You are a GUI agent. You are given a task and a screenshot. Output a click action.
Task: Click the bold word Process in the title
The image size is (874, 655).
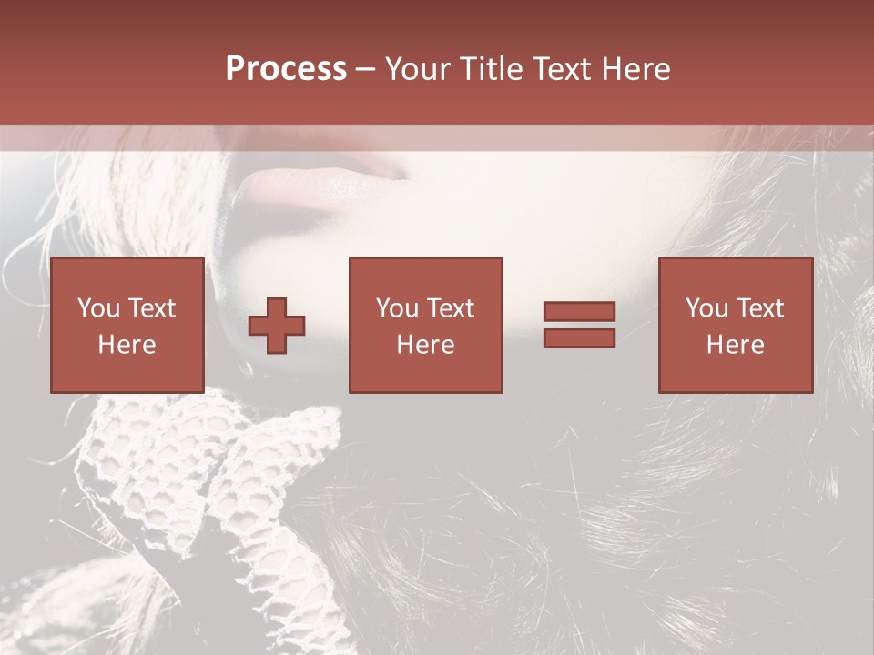(x=286, y=69)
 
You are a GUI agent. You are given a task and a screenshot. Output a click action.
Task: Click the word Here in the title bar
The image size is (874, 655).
(x=638, y=69)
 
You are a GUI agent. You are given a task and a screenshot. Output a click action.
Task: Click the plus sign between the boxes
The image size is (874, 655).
(x=277, y=326)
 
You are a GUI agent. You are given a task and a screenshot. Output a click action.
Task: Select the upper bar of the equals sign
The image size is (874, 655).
(x=579, y=312)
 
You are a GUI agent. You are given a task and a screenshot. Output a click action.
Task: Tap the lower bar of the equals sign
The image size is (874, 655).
(x=579, y=338)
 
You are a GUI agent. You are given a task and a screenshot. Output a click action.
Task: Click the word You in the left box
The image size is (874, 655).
(x=97, y=308)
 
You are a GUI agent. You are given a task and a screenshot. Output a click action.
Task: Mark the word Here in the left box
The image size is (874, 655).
(x=127, y=345)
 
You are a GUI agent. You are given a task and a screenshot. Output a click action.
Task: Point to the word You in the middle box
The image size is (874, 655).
(x=396, y=308)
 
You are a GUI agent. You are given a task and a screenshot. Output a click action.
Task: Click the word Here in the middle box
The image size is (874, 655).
(x=425, y=345)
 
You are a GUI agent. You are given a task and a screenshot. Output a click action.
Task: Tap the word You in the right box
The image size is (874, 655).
(x=706, y=308)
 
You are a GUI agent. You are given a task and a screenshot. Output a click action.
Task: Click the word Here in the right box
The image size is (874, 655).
(x=735, y=345)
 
